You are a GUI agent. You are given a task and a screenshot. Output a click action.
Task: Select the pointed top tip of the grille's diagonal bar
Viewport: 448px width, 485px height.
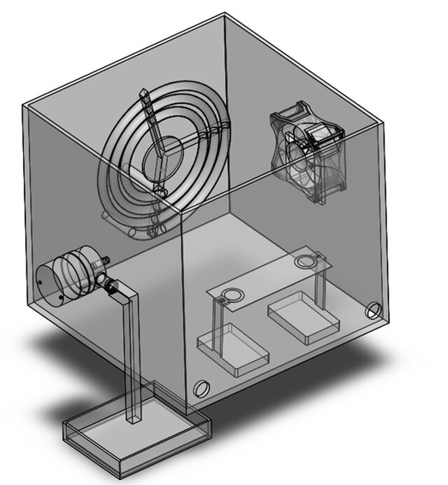point(143,90)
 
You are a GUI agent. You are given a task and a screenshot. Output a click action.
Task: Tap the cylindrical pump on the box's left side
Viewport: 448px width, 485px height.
point(69,276)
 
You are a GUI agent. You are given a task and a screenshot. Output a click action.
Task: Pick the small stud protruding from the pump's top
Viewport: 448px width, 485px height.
point(105,259)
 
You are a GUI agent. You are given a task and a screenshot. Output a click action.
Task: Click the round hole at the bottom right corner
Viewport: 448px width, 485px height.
point(372,310)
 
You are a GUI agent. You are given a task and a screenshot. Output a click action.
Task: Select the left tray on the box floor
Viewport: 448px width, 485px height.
point(234,350)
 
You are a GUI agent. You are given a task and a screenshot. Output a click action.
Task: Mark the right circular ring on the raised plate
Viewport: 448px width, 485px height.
point(305,262)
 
